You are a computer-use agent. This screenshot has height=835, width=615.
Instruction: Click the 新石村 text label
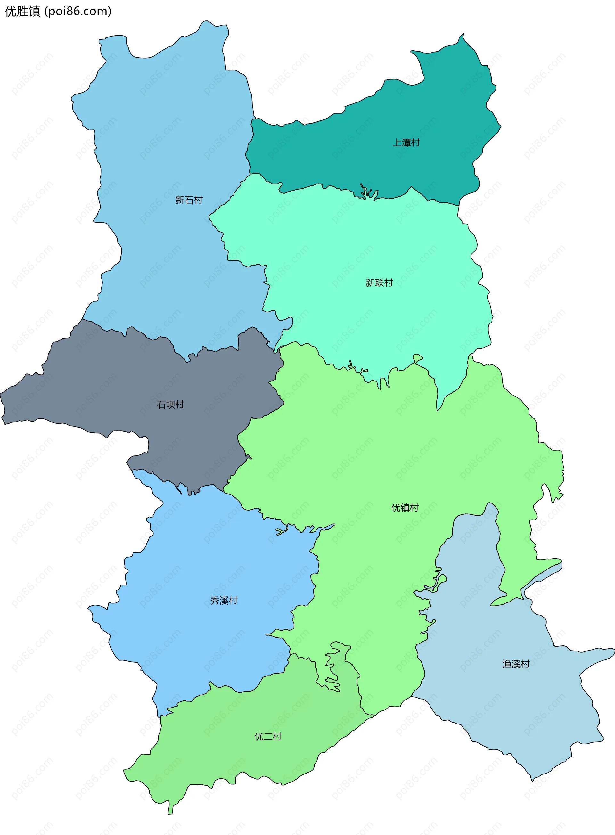(x=189, y=200)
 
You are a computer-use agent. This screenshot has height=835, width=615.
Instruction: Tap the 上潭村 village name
(x=406, y=143)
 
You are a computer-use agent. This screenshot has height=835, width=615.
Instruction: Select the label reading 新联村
(x=379, y=283)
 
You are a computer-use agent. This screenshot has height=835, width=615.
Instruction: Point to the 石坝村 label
(x=170, y=405)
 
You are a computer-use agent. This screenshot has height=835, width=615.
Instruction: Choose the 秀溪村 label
(x=224, y=601)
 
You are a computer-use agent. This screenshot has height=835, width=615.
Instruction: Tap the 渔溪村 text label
(x=516, y=664)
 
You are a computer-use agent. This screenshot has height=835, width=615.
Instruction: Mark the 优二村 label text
(x=268, y=736)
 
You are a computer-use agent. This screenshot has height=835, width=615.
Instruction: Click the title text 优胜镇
(x=22, y=12)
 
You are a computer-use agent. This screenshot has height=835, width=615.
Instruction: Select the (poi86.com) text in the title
(x=78, y=12)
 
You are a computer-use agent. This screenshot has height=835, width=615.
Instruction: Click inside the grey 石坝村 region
(x=112, y=383)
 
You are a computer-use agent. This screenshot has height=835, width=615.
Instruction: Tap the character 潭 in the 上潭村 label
(x=406, y=143)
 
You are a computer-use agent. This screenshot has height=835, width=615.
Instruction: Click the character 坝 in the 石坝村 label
(x=170, y=405)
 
